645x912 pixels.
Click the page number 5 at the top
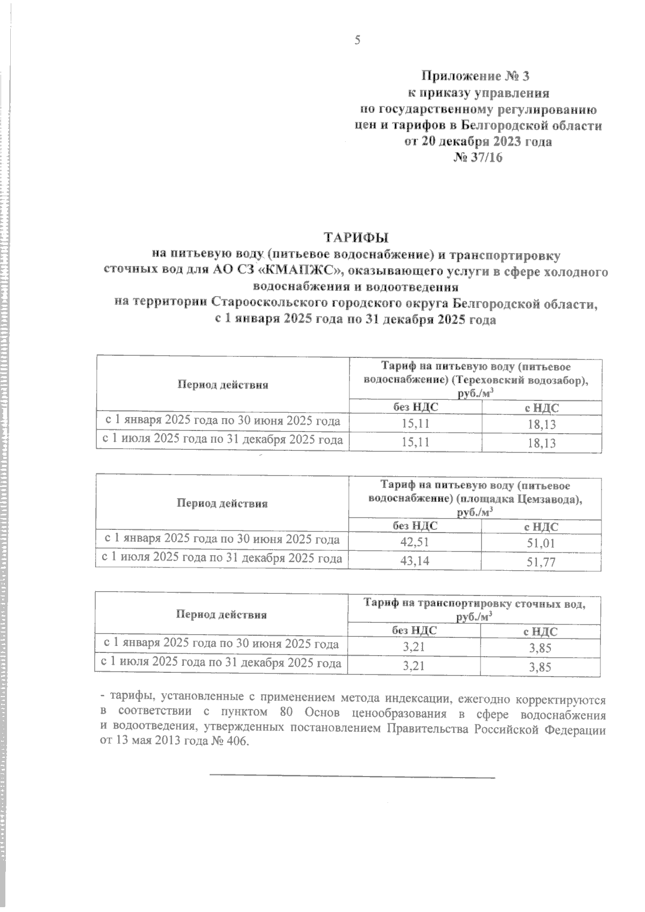(357, 40)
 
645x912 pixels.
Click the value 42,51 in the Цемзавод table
(414, 542)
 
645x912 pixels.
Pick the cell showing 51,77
(541, 563)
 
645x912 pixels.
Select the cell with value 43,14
(414, 561)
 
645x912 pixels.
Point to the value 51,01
(541, 543)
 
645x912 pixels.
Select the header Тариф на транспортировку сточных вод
(475, 604)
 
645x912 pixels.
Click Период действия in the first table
(222, 385)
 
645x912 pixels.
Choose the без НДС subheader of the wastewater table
(414, 631)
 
